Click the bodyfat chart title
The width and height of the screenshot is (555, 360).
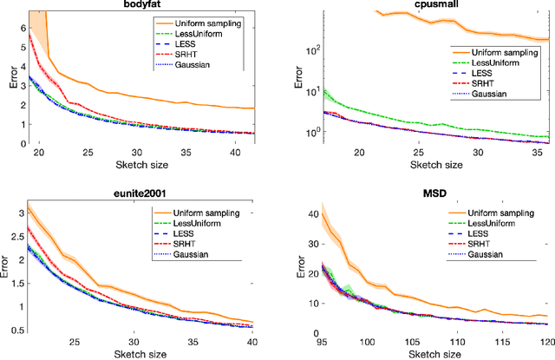(146, 6)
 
